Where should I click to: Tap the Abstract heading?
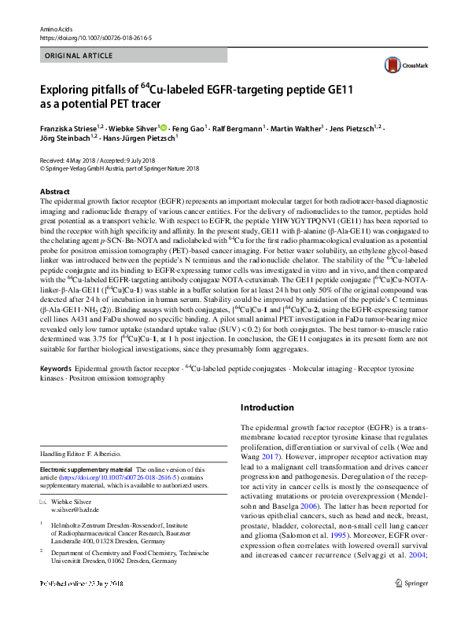[55, 192]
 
